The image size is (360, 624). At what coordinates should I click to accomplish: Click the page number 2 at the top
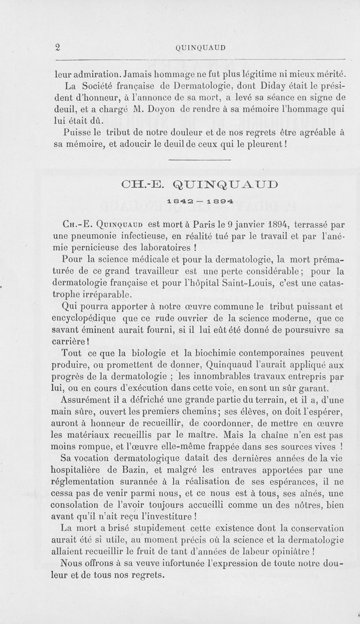click(x=57, y=47)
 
